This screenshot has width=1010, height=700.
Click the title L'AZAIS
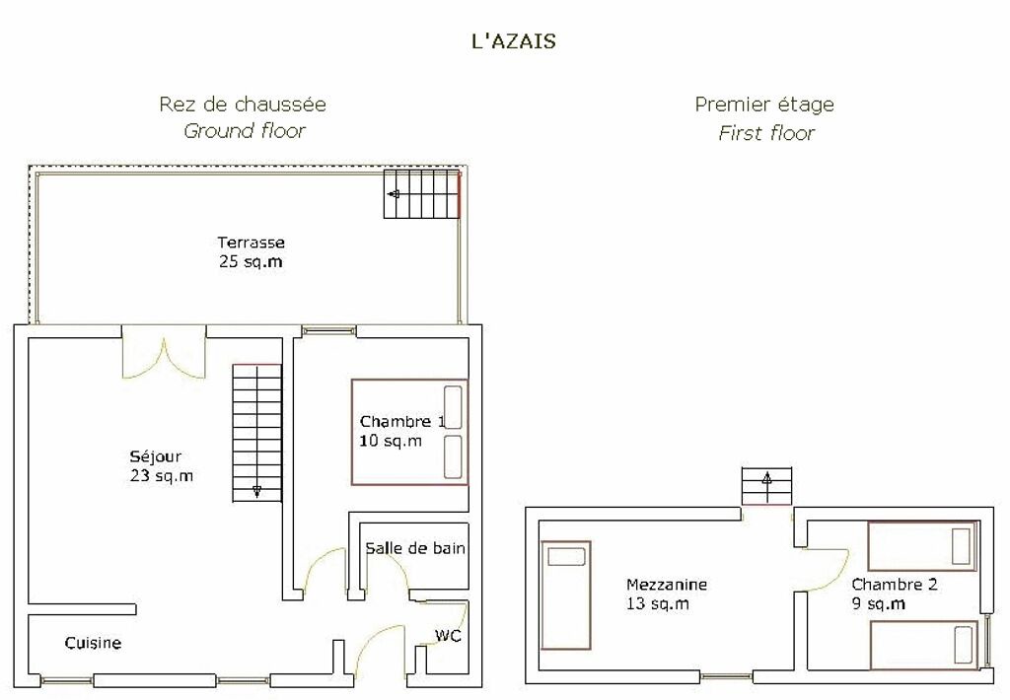point(513,41)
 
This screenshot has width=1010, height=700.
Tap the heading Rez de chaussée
point(243,105)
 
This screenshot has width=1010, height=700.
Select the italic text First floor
point(765,133)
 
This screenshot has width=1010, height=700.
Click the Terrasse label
point(251,243)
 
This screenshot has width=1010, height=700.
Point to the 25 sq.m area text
point(251,262)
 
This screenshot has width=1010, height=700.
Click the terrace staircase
point(422,194)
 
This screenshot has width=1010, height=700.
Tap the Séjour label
point(155,456)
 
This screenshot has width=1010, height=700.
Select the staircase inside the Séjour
point(257,433)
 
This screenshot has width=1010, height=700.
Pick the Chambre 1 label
point(402,422)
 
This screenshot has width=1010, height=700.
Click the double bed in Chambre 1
point(409,432)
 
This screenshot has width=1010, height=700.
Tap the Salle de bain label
point(415,549)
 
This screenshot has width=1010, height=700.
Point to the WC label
point(448,636)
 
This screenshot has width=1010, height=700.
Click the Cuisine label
point(94,643)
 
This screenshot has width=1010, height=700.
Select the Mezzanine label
point(667,585)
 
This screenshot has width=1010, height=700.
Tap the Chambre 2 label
point(894,585)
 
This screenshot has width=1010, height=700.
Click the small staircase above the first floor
point(766,486)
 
